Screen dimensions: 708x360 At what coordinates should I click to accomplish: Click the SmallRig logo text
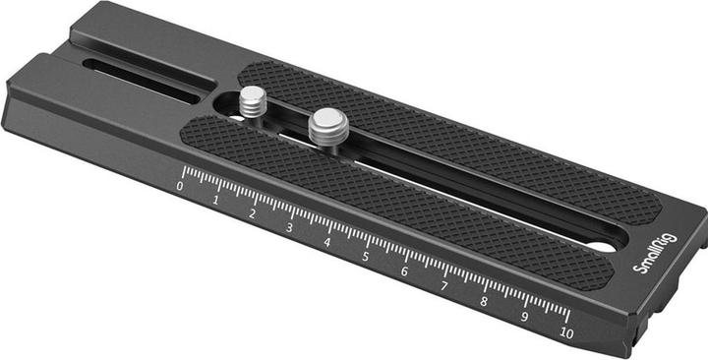(x=656, y=254)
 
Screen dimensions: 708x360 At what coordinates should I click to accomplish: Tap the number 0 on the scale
(x=180, y=186)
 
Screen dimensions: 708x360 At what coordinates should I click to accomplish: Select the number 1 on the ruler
(x=215, y=200)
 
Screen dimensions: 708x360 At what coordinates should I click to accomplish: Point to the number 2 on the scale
(x=253, y=214)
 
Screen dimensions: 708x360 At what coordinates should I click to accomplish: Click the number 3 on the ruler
(x=289, y=228)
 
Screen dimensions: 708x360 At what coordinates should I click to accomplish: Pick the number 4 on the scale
(x=326, y=243)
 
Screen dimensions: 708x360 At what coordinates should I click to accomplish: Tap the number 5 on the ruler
(x=365, y=257)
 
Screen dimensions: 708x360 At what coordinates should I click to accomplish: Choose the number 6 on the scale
(x=404, y=271)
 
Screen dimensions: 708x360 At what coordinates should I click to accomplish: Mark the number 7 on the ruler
(x=443, y=286)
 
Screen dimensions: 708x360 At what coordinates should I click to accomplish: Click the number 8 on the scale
(x=484, y=301)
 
